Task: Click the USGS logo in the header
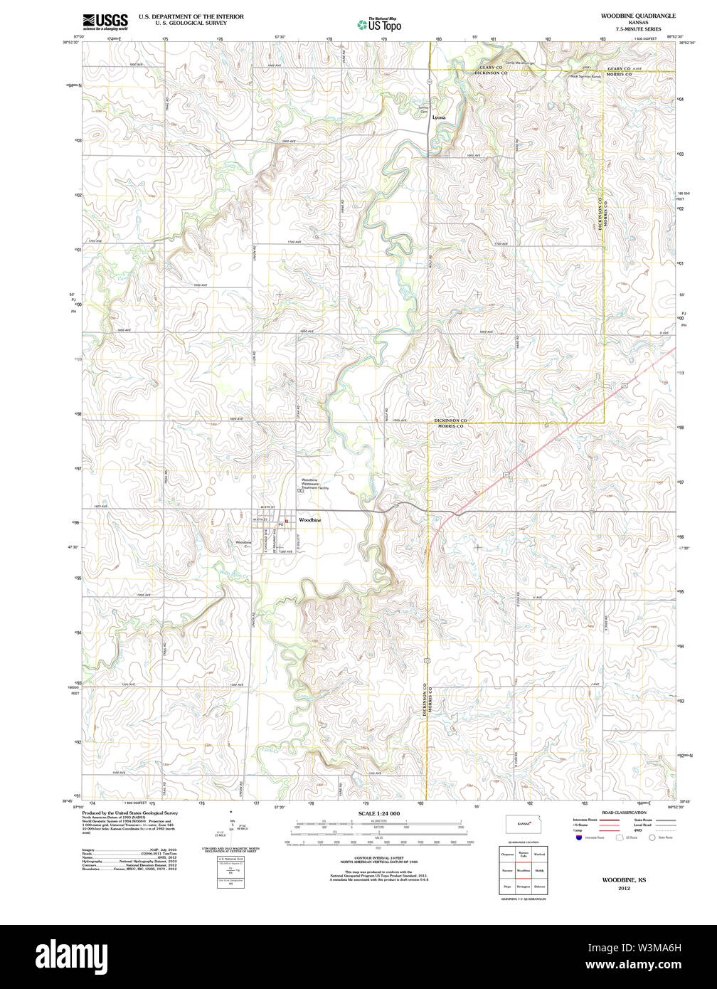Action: pos(105,21)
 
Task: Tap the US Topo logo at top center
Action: pos(380,24)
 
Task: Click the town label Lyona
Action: pos(439,117)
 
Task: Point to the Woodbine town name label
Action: pos(309,520)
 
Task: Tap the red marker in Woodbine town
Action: pos(287,522)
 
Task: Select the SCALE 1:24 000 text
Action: pos(378,813)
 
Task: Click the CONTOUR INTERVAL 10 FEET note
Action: pos(378,860)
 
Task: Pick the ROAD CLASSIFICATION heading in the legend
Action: pos(624,813)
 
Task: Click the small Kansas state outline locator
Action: pos(524,825)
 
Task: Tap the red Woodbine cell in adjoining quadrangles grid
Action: pos(524,870)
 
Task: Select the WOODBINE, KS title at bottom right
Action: pos(624,880)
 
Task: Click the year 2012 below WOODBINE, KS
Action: pos(624,888)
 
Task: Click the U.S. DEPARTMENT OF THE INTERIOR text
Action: pos(191,16)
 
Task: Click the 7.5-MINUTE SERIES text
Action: pos(638,29)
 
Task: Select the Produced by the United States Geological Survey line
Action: pos(129,813)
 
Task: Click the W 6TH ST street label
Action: pos(267,506)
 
